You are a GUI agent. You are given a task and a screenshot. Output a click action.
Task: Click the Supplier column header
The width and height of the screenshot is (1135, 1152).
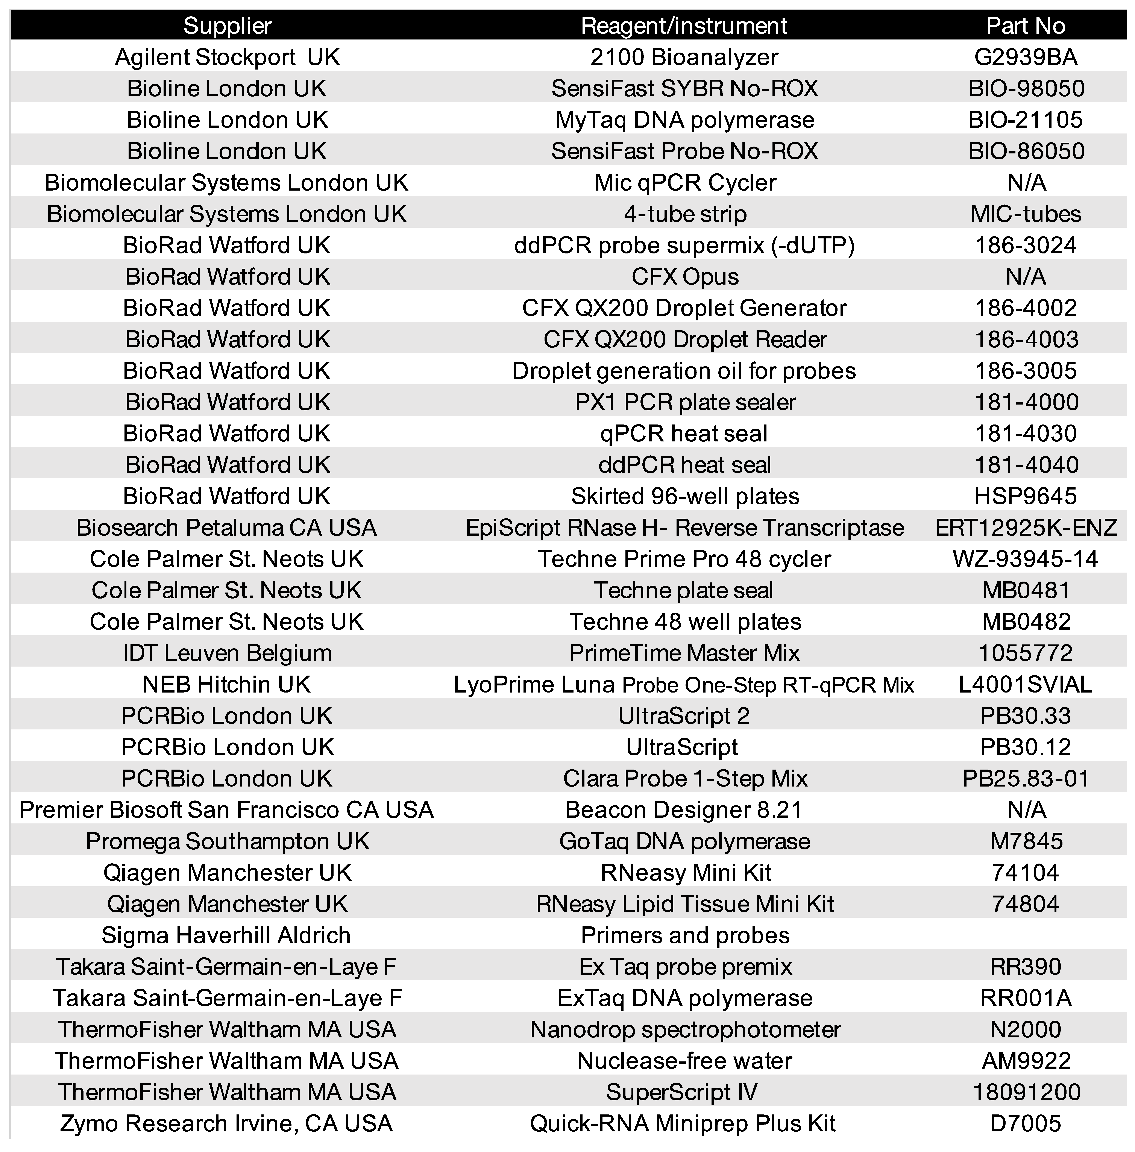tap(227, 26)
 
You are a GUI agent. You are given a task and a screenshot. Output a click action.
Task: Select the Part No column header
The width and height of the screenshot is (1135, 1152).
tap(1025, 26)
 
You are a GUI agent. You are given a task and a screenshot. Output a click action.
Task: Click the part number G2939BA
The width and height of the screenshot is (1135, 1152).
tap(1025, 57)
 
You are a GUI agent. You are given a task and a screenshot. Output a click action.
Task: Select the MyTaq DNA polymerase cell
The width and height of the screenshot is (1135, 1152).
tap(684, 120)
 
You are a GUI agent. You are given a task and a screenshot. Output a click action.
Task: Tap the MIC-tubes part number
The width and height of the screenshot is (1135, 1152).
tap(1025, 214)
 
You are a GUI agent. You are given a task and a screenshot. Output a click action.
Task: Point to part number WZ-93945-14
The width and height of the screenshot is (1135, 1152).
tap(1025, 559)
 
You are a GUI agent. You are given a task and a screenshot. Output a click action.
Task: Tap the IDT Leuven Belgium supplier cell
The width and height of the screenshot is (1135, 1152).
tap(227, 653)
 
